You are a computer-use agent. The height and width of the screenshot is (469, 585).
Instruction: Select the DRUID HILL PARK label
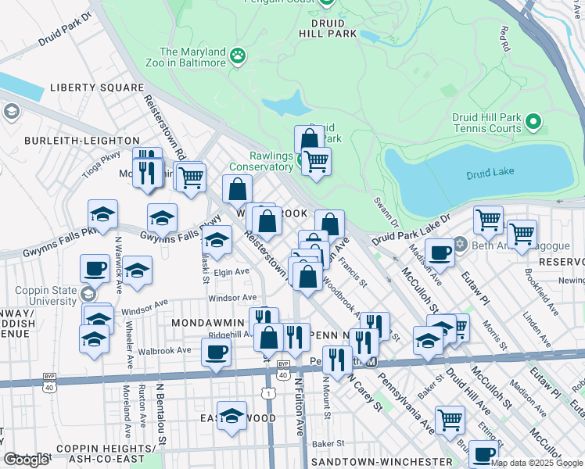tap(328, 34)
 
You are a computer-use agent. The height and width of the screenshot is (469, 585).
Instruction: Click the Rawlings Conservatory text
tap(260, 166)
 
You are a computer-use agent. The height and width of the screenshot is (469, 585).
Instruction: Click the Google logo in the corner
tap(26, 460)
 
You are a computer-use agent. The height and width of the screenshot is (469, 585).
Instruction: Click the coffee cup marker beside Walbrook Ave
tap(216, 351)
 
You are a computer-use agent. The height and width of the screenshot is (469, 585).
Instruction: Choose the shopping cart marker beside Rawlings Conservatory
tap(316, 162)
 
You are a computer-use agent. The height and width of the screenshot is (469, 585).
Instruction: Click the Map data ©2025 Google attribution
tap(537, 463)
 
